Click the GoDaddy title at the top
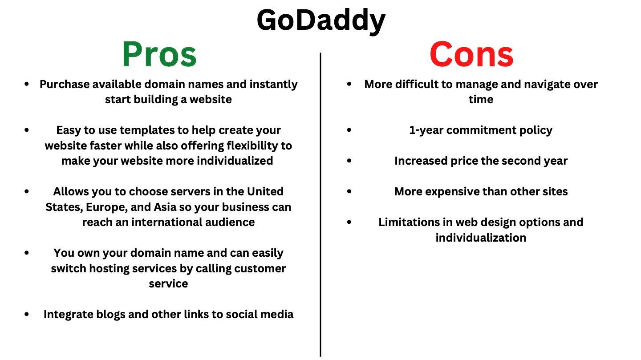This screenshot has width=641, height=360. pyautogui.click(x=320, y=20)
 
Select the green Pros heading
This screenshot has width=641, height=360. pyautogui.click(x=159, y=55)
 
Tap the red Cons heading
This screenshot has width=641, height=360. pyautogui.click(x=471, y=55)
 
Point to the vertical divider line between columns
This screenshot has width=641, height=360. pyautogui.click(x=320, y=205)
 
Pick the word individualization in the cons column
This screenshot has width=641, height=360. pyautogui.click(x=481, y=238)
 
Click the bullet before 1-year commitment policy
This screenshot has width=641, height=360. pyautogui.click(x=349, y=130)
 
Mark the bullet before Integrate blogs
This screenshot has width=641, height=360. pyautogui.click(x=28, y=314)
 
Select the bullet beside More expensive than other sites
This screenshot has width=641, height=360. pyautogui.click(x=349, y=191)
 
